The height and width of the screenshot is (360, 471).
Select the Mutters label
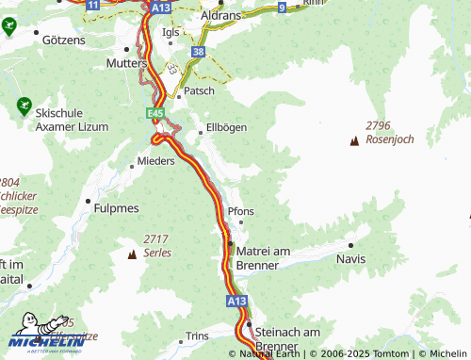[129, 63]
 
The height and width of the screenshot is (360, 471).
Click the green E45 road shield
[155, 113]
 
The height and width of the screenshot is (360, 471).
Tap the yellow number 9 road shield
[282, 7]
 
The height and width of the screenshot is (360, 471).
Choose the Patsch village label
[199, 91]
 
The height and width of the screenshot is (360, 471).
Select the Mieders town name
[156, 161]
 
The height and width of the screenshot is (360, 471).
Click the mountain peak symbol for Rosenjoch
[354, 142]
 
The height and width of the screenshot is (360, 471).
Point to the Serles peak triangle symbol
[131, 254]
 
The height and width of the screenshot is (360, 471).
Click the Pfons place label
[241, 212]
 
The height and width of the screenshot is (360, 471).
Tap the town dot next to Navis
[350, 244]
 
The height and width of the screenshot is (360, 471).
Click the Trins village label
[197, 335]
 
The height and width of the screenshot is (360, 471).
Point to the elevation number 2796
[381, 125]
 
